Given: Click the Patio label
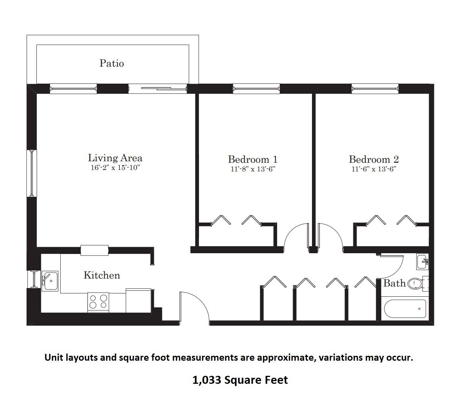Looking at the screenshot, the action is (111, 63).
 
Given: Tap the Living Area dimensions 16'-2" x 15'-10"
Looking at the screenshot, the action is (115, 168).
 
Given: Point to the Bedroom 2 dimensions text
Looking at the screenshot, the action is (374, 169).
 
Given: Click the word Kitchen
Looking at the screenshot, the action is (102, 275).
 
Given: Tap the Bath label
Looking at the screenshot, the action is (394, 283).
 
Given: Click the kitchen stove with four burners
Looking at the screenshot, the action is (98, 302).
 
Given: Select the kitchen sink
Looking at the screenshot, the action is (50, 281).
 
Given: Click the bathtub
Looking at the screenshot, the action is (405, 308).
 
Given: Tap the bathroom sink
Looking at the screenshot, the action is (422, 262).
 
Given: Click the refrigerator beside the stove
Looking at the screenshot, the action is (138, 301).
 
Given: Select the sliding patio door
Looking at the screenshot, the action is (158, 89).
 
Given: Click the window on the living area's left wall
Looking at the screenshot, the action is (32, 173).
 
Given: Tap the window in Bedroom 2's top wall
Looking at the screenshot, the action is (375, 89).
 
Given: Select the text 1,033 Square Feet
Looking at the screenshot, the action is (240, 380).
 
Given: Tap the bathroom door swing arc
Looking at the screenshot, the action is (397, 270).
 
